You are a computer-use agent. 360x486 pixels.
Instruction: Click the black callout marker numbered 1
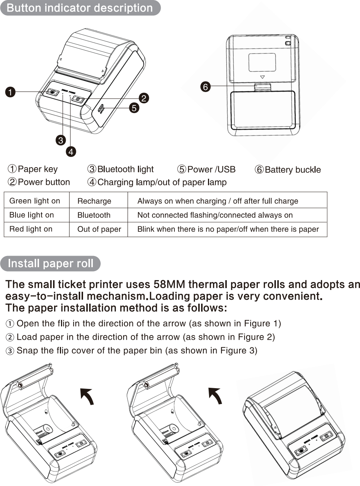pyautogui.click(x=10, y=92)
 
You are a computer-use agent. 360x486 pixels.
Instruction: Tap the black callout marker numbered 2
pyautogui.click(x=144, y=98)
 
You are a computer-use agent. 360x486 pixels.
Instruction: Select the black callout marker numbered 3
pyautogui.click(x=61, y=140)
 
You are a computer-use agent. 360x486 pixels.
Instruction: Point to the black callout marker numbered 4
pyautogui.click(x=71, y=152)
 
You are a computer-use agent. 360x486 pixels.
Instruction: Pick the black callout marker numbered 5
pyautogui.click(x=134, y=108)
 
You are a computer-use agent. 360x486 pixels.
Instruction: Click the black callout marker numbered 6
pyautogui.click(x=205, y=87)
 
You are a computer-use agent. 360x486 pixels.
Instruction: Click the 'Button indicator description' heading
pyautogui.click(x=80, y=8)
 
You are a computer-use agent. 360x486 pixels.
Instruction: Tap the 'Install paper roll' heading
pyautogui.click(x=51, y=264)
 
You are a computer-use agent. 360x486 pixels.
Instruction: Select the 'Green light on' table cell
pyautogui.click(x=35, y=201)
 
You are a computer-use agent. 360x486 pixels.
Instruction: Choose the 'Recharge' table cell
pyautogui.click(x=94, y=201)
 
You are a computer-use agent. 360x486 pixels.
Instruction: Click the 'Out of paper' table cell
pyautogui.click(x=99, y=229)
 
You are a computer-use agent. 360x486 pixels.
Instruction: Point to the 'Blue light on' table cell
pyautogui.click(x=31, y=215)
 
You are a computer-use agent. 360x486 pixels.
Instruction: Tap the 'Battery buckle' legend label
pyautogui.click(x=292, y=170)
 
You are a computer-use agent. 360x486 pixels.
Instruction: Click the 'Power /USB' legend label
pyautogui.click(x=211, y=169)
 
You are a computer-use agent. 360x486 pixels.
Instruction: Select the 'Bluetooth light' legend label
pyautogui.click(x=125, y=169)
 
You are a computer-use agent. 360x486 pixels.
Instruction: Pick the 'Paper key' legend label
pyautogui.click(x=38, y=169)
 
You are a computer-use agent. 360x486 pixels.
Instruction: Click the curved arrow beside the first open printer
pyautogui.click(x=87, y=396)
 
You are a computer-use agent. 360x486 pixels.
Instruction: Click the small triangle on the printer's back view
pyautogui.click(x=263, y=77)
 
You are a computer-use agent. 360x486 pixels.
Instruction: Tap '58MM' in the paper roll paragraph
pyautogui.click(x=169, y=285)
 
